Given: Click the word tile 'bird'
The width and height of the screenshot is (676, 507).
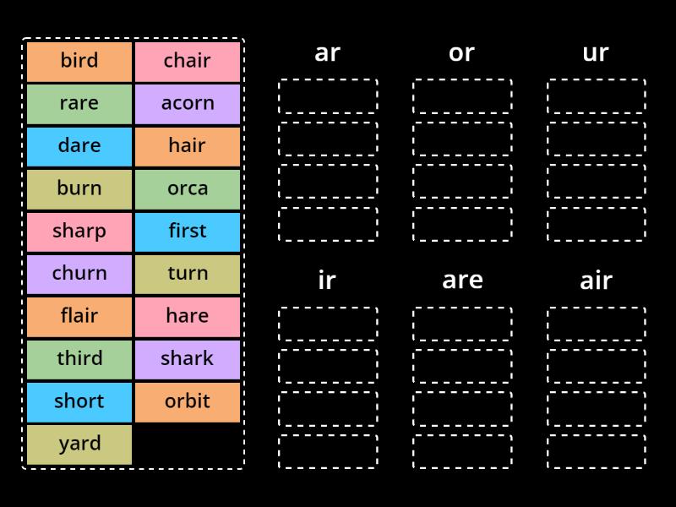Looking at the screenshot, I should (x=79, y=61).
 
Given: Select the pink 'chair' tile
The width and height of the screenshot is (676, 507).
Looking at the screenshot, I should (x=187, y=61).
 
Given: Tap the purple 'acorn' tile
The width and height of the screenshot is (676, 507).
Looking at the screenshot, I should (x=187, y=103).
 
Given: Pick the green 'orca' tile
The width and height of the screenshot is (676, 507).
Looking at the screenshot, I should (x=187, y=188).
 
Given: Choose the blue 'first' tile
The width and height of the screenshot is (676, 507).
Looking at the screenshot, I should (x=187, y=231).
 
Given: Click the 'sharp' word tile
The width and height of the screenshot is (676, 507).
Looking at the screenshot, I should (x=79, y=231).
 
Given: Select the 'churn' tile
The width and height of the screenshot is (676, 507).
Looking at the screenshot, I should (x=79, y=273).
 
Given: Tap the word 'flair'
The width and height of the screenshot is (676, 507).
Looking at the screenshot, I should (x=79, y=316).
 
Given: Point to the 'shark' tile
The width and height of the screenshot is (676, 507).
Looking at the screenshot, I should (x=187, y=358).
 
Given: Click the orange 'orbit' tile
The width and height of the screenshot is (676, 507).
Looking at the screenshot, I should (x=187, y=401).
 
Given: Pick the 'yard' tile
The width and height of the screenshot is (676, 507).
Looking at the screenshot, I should (x=79, y=444).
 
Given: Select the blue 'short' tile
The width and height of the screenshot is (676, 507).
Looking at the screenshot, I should (x=79, y=401).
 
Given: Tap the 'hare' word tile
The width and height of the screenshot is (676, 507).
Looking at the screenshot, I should (x=187, y=316).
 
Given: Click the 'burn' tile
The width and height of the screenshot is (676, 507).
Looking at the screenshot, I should (x=79, y=188).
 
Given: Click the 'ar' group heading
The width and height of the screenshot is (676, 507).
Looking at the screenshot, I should (x=327, y=52).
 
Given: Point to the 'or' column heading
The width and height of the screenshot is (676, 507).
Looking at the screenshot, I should (x=461, y=52).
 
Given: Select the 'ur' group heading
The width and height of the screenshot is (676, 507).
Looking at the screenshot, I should (x=596, y=52).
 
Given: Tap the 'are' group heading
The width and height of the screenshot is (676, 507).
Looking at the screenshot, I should (x=461, y=280).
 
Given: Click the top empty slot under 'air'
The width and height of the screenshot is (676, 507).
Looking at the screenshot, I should (x=596, y=324).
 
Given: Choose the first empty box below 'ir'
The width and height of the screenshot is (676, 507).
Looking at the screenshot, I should (x=327, y=324).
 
